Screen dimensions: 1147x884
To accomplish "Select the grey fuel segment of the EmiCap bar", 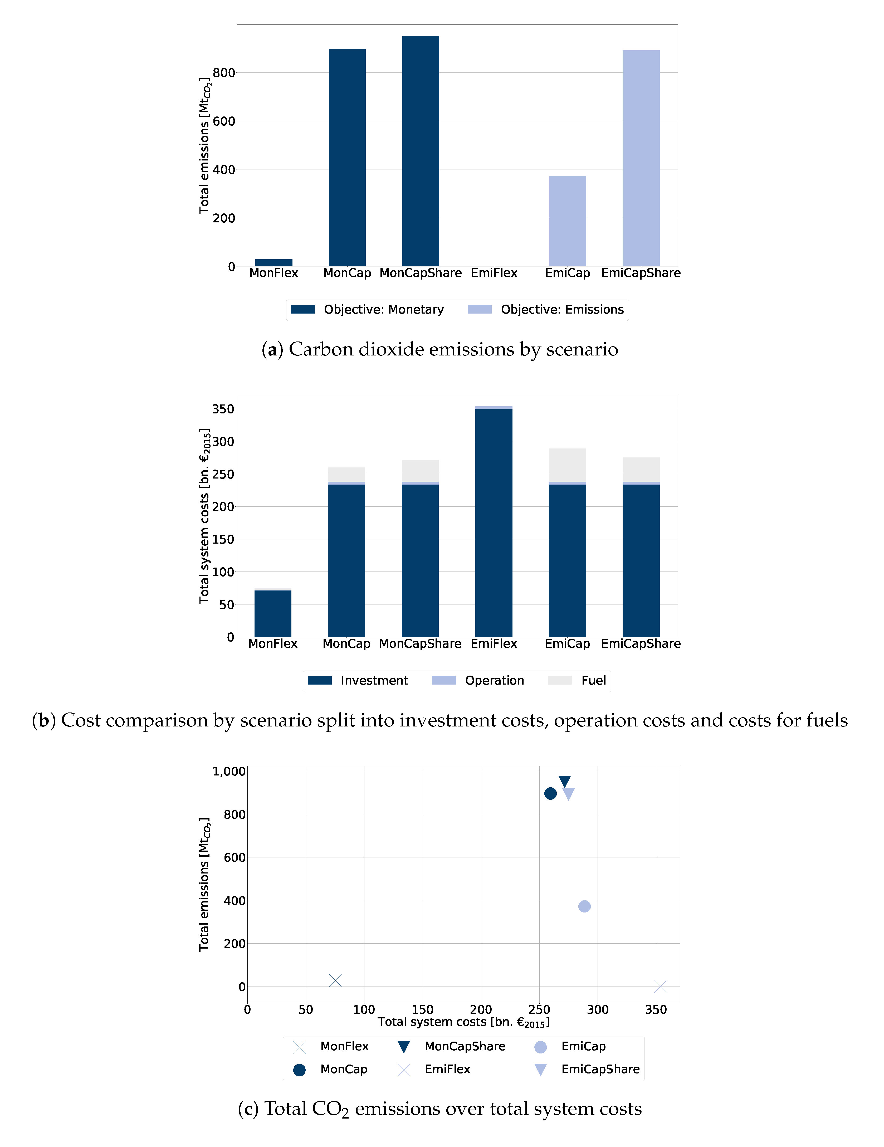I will tap(567, 465).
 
